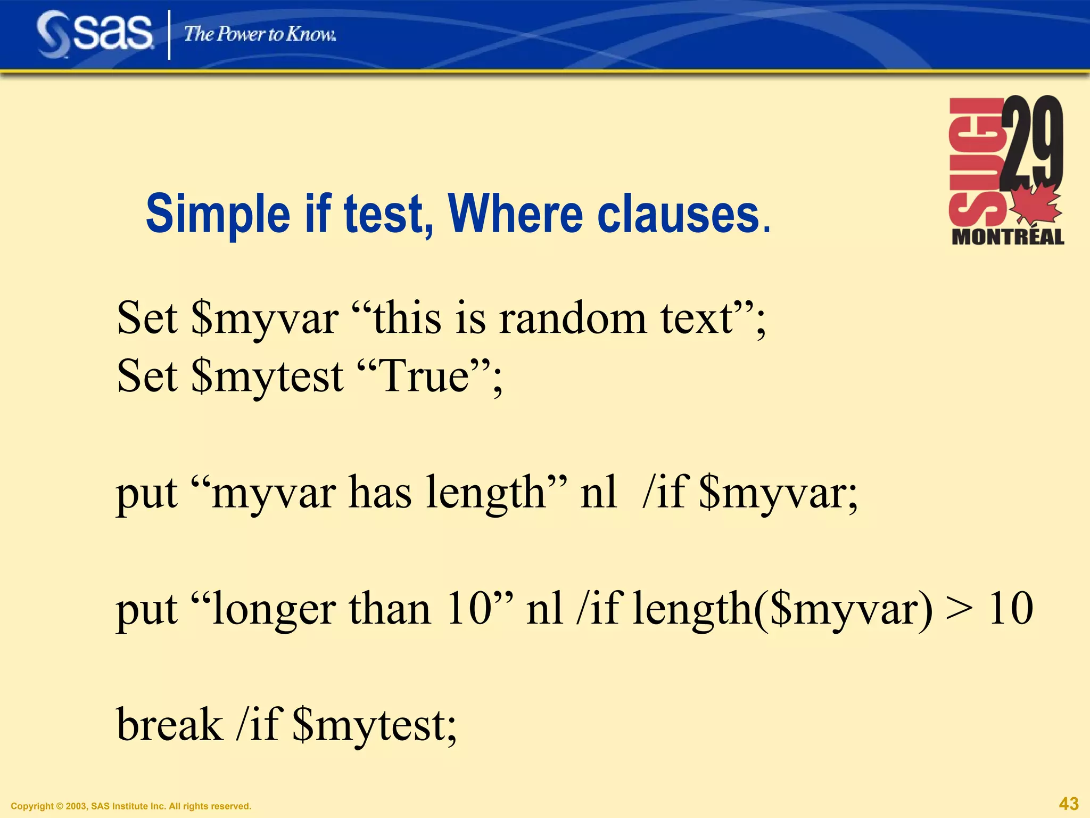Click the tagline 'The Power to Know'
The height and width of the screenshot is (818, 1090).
pos(260,34)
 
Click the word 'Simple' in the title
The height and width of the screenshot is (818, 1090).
pos(218,214)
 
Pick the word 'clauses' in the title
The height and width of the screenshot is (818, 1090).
pos(678,214)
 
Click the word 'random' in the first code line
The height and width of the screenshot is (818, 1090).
pos(573,318)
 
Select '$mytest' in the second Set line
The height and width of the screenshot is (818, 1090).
pos(267,377)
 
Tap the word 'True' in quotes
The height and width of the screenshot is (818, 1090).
pos(424,375)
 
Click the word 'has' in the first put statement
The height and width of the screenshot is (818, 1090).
pos(379,492)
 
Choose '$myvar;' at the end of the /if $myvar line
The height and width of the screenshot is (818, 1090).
pos(778,493)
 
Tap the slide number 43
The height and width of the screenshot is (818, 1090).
pos(1069,803)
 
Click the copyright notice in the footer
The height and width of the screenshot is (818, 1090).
pos(131,806)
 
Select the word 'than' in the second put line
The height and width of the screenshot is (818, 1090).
pos(389,608)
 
